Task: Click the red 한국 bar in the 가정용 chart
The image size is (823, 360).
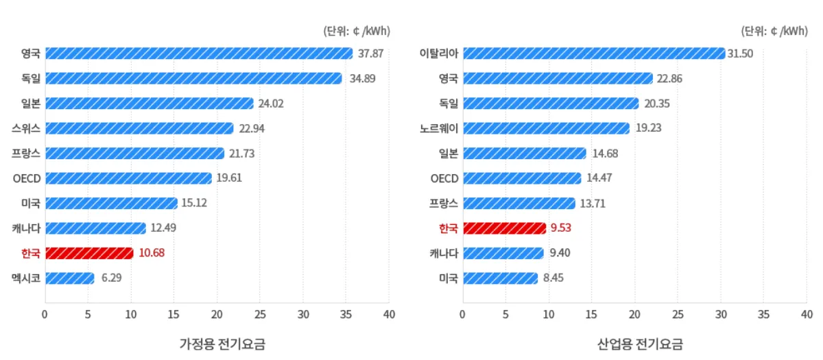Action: click(x=89, y=253)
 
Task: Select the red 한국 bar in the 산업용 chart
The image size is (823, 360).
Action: click(x=504, y=228)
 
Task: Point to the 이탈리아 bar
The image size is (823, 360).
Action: click(x=593, y=53)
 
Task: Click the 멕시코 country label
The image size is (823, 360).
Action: click(x=27, y=278)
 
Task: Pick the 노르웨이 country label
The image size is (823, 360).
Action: click(x=439, y=128)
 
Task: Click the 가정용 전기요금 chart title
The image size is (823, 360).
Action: click(x=222, y=344)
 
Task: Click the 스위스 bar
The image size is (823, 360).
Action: click(x=139, y=128)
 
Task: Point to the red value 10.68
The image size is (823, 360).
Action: click(x=152, y=253)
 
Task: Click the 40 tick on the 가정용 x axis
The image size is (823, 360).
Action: click(x=389, y=315)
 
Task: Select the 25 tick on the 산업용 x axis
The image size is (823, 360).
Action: click(x=678, y=315)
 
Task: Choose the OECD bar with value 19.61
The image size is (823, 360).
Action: click(x=128, y=178)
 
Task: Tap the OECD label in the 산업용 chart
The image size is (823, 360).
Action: click(x=444, y=178)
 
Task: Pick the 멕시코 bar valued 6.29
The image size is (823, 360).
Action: click(x=70, y=278)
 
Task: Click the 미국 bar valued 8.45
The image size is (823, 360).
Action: click(x=500, y=278)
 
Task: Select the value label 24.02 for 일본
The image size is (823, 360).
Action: click(x=272, y=104)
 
